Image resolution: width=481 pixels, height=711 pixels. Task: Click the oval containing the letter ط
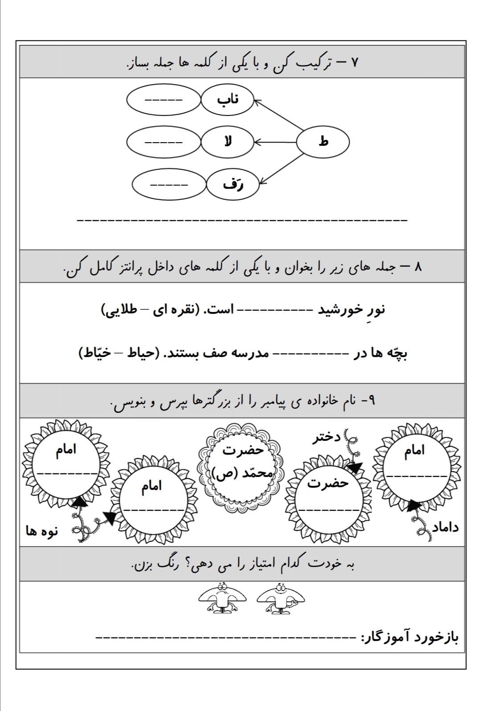pyautogui.click(x=323, y=142)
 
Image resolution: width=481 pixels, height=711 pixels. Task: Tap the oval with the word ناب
pyautogui.click(x=228, y=100)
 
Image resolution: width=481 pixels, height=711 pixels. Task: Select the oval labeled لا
pyautogui.click(x=228, y=142)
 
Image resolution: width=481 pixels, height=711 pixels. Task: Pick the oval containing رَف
pyautogui.click(x=233, y=185)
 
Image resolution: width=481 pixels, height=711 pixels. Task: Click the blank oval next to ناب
pyautogui.click(x=163, y=100)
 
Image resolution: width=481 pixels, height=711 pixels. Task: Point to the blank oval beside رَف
pyautogui.click(x=169, y=185)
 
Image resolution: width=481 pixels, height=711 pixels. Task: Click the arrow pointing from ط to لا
pyautogui.click(x=276, y=142)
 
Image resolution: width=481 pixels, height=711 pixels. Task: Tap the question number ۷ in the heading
pyautogui.click(x=355, y=62)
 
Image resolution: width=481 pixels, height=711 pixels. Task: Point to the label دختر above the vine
pyautogui.click(x=326, y=437)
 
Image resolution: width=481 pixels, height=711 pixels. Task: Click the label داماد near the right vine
pyautogui.click(x=445, y=527)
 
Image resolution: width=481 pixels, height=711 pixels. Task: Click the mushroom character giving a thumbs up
pyautogui.click(x=281, y=598)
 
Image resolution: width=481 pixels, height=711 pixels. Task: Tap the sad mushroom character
pyautogui.click(x=221, y=598)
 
